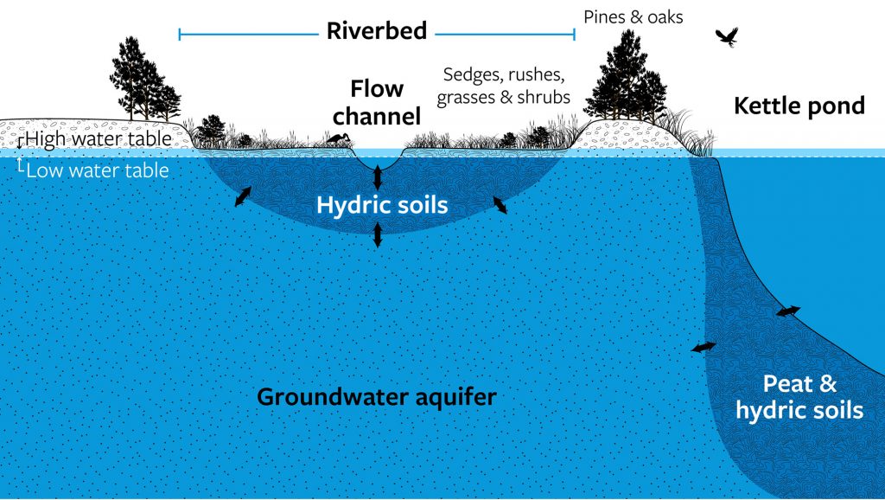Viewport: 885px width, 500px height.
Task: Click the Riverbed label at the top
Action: click(x=377, y=30)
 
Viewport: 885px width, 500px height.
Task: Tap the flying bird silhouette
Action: click(x=727, y=37)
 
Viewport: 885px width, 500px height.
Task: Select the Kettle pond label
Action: click(x=799, y=106)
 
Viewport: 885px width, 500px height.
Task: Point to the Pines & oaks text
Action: click(x=634, y=17)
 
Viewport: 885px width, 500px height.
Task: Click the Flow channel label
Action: click(x=377, y=102)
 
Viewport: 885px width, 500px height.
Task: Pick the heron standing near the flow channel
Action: click(x=339, y=138)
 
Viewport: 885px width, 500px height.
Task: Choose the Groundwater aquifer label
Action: click(x=377, y=396)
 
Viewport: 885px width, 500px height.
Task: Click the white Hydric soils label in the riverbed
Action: click(x=382, y=204)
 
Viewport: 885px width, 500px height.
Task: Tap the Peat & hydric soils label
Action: click(x=799, y=396)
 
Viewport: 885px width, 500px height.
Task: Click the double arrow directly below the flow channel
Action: click(x=378, y=178)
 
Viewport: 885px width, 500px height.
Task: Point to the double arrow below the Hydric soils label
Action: click(x=378, y=234)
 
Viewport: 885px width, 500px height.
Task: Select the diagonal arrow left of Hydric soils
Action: click(x=243, y=196)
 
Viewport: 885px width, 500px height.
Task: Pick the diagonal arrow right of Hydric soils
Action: click(x=500, y=204)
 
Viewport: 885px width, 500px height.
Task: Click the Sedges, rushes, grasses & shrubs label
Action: click(x=504, y=86)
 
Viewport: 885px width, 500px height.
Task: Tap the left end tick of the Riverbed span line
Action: click(x=180, y=35)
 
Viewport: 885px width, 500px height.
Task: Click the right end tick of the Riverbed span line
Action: click(x=574, y=35)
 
